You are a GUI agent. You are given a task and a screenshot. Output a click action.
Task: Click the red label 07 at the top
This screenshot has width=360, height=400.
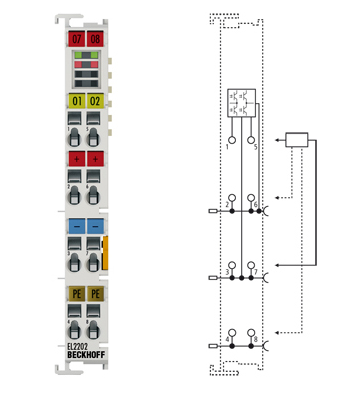pyautogui.click(x=76, y=39)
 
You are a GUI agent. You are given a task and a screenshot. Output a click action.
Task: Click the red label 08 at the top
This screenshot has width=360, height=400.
pyautogui.click(x=95, y=39)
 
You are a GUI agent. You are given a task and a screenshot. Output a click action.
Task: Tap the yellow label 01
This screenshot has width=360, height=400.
pyautogui.click(x=76, y=101)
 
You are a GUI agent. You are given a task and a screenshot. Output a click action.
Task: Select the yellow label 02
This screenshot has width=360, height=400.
pyautogui.click(x=95, y=101)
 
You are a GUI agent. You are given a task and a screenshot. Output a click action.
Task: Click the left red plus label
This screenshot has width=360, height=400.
pyautogui.click(x=76, y=159)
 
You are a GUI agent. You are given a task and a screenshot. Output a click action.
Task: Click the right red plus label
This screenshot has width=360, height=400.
pyautogui.click(x=95, y=159)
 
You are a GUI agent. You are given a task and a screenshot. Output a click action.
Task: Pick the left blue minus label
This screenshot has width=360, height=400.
pyautogui.click(x=76, y=227)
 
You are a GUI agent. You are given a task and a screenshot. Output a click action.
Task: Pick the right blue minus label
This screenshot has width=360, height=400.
pyautogui.click(x=95, y=227)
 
